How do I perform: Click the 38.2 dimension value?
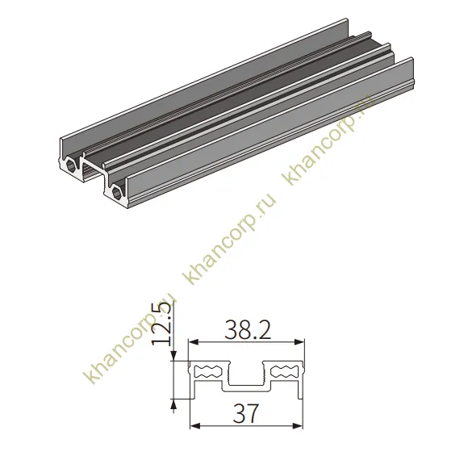tap(248, 329)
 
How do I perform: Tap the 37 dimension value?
tap(246, 413)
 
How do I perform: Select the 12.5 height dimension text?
tap(162, 324)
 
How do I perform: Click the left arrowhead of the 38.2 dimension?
tap(194, 343)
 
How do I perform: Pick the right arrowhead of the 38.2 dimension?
tap(300, 343)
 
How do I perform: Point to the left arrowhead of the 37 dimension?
tap(194, 426)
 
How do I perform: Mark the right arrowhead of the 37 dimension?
tap(299, 426)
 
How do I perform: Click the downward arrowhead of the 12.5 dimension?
tap(174, 357)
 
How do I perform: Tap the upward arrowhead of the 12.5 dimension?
tap(174, 403)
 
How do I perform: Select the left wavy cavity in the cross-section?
tap(207, 372)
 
